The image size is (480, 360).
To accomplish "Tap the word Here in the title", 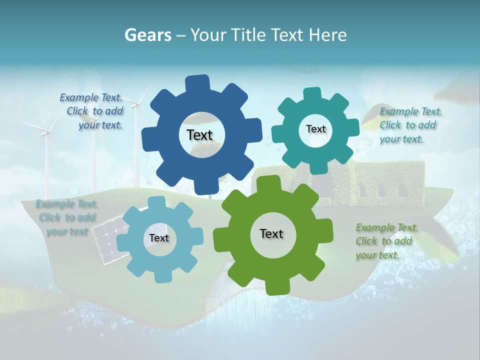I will point(328,35).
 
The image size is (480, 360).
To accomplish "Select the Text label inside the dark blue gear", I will point(199,135).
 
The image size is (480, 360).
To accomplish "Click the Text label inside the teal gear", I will point(315,129).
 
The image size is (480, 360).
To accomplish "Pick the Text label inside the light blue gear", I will point(159,238).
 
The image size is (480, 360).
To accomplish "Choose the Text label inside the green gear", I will point(271,233).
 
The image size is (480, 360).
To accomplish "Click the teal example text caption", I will point(410,125).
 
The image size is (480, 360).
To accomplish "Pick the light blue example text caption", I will point(67,217).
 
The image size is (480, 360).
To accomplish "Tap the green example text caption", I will point(386,241).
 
